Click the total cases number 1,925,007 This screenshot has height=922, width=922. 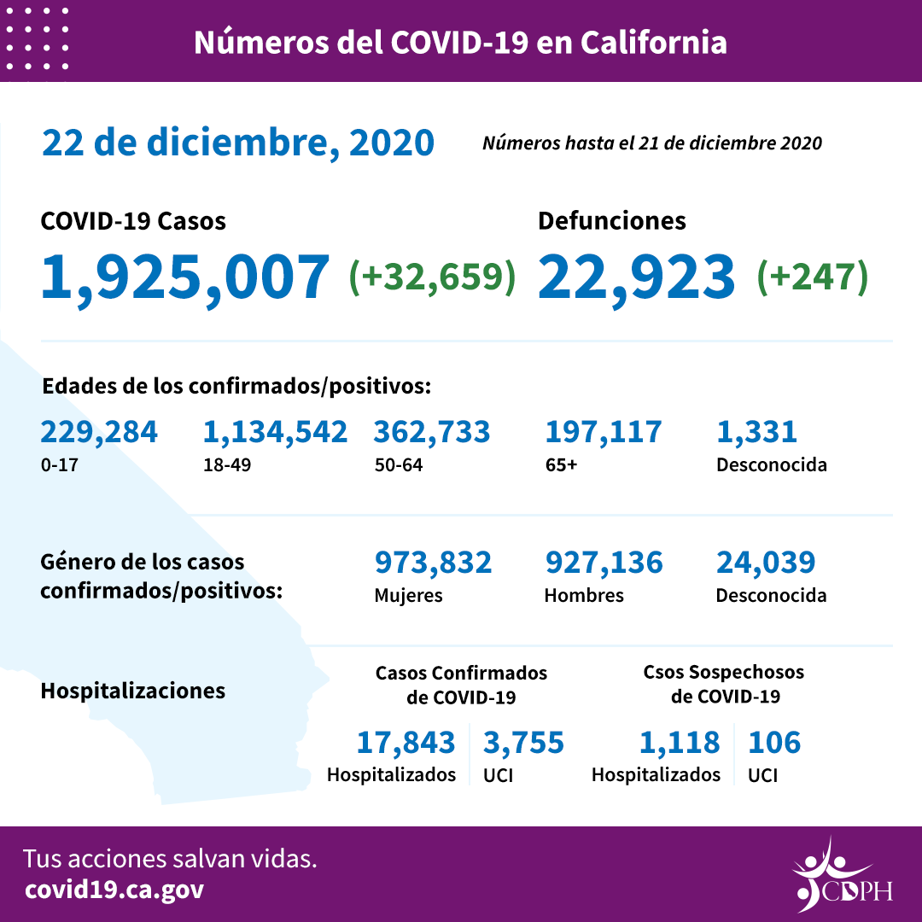click(184, 277)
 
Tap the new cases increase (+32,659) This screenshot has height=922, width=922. click(432, 277)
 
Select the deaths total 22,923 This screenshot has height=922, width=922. click(636, 277)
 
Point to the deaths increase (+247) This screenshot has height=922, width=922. click(812, 277)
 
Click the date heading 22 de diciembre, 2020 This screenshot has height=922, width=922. click(238, 143)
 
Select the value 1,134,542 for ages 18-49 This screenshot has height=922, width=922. click(275, 432)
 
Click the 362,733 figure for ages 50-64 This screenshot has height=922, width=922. click(431, 432)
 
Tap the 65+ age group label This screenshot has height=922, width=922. click(561, 466)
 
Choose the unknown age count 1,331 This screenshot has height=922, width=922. click(756, 432)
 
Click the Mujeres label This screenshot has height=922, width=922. click(408, 596)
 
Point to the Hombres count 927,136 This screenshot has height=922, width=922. click(603, 563)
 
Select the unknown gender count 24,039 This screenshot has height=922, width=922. click(765, 563)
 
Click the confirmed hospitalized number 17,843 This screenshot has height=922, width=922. click(406, 743)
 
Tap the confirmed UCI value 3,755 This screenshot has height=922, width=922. click(523, 743)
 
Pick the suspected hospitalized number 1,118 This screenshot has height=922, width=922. click(680, 743)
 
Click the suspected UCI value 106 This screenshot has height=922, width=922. click(774, 743)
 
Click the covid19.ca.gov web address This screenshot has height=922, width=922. click(114, 890)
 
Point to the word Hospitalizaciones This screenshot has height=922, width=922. click(132, 691)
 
